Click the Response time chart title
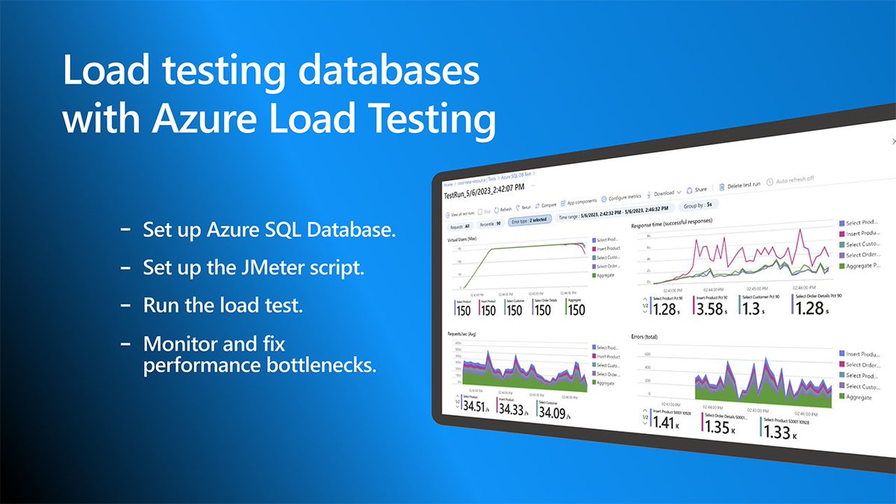672,223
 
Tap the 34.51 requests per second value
477,406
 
